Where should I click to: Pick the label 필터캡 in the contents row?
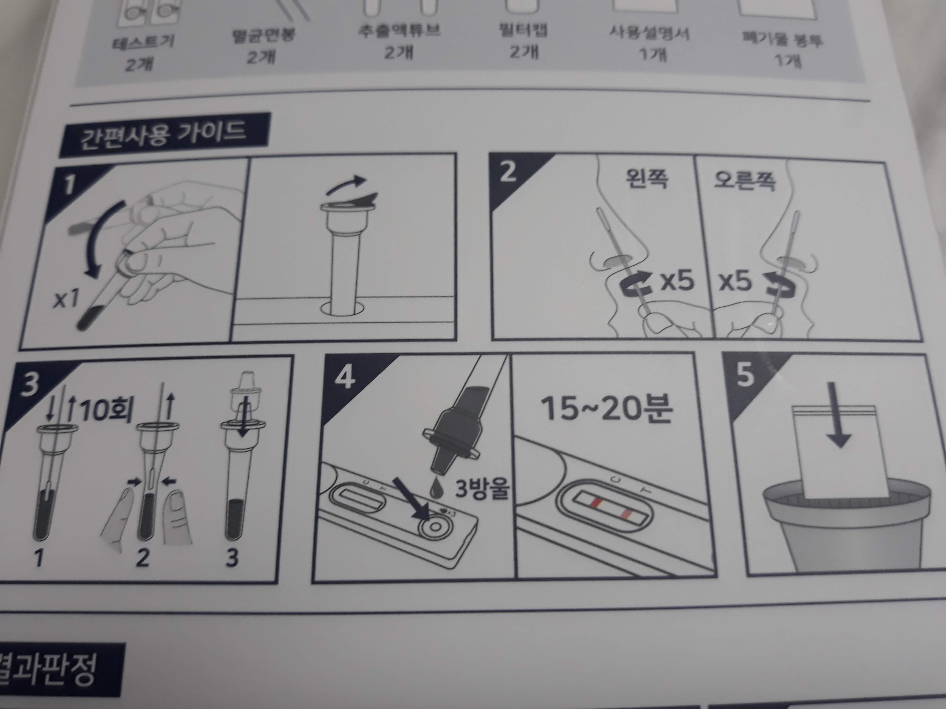coord(522,30)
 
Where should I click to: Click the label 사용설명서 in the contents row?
coord(649,34)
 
